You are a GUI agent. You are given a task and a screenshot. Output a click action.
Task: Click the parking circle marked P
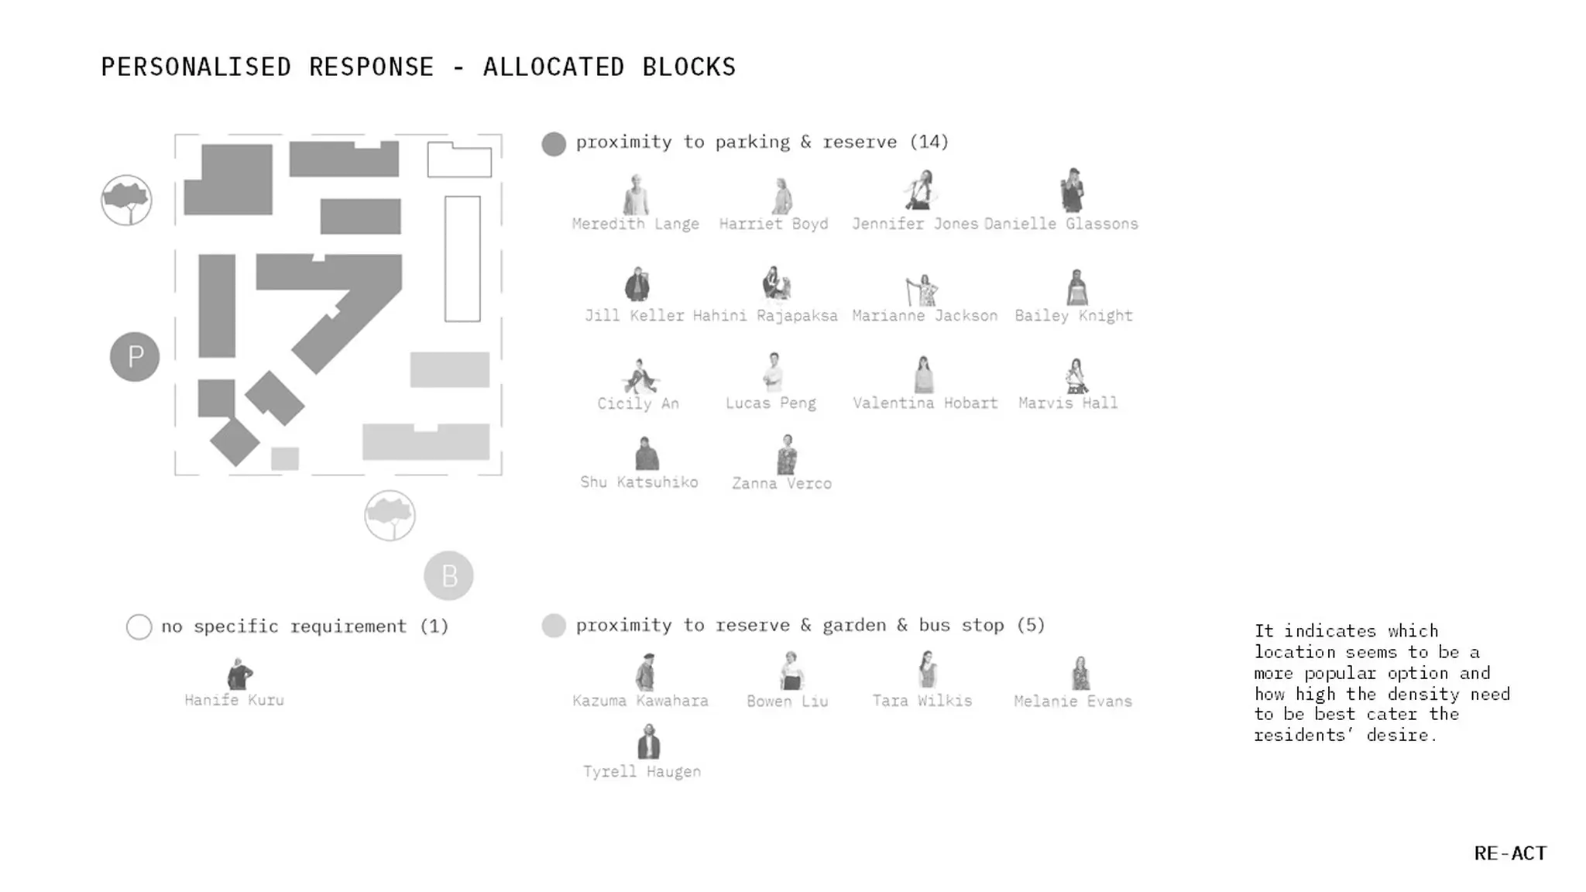135,357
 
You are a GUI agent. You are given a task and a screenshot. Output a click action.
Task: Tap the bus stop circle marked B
448,576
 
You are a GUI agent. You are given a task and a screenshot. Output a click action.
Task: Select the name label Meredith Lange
636,224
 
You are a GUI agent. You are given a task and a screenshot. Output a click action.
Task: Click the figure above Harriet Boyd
781,196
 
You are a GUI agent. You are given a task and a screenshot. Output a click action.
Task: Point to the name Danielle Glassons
1061,224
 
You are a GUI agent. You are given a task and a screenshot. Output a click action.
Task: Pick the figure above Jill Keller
637,284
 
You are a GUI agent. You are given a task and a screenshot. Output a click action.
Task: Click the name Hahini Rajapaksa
765,316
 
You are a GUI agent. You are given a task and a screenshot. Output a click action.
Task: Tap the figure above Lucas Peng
773,372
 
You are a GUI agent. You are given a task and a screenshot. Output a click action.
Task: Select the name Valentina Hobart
925,403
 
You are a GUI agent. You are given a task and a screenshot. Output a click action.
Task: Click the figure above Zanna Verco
787,455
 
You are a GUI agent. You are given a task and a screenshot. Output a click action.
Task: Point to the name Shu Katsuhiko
640,482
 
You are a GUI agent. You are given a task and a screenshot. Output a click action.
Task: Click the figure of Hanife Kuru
239,674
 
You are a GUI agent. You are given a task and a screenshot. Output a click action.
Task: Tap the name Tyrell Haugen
642,772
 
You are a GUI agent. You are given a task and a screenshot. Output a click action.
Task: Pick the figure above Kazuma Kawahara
645,671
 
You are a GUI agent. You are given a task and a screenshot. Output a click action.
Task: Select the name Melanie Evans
1073,702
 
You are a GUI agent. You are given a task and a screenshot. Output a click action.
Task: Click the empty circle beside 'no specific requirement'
139,626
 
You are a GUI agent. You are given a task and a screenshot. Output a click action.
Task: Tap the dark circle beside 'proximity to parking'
554,144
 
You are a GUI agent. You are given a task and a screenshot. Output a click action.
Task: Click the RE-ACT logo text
1510,853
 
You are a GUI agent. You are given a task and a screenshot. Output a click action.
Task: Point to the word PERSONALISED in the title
196,67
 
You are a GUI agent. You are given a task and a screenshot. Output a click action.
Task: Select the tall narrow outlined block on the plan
462,259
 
